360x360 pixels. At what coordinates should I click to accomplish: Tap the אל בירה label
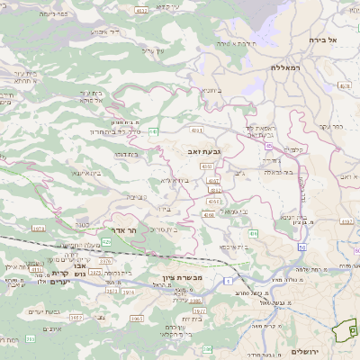(x=320, y=40)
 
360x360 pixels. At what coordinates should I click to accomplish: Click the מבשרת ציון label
(x=165, y=277)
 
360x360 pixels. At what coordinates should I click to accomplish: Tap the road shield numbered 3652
(x=76, y=318)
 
